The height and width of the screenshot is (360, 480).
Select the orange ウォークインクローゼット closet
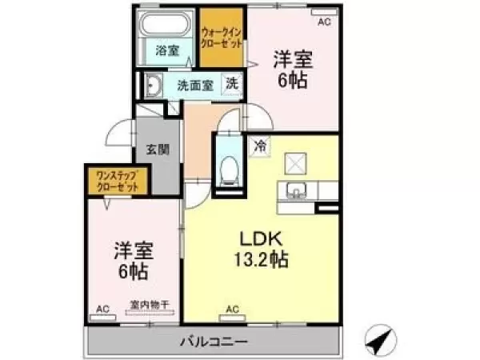pos(222,37)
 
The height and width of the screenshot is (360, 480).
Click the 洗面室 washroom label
pos(194,85)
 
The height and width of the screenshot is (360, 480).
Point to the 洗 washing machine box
pos(230,84)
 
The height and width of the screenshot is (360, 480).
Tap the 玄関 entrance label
pos(157,150)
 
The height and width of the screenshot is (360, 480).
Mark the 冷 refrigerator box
pos(260,146)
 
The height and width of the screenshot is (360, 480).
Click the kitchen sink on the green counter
pos(295,192)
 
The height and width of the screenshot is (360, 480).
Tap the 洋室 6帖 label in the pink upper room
pos(293,69)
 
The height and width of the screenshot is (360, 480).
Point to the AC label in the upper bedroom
pos(323,22)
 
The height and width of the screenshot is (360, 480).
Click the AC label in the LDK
pos(232,309)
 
